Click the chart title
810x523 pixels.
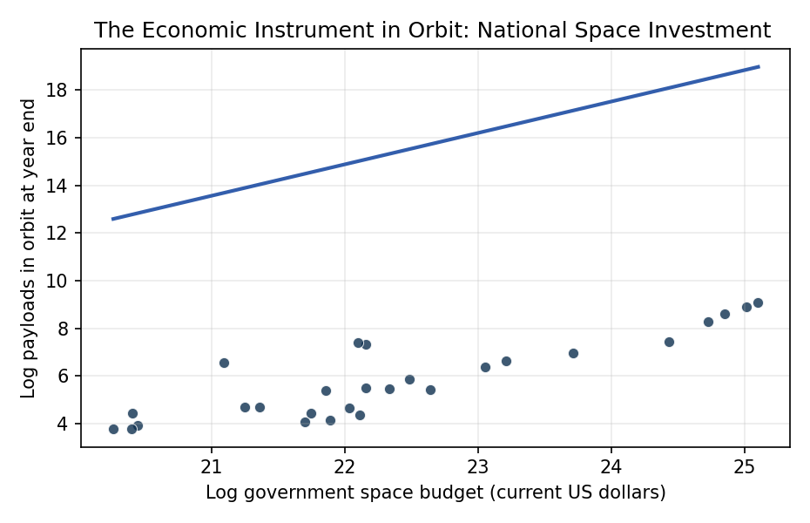[432, 30]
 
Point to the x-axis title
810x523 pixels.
[435, 492]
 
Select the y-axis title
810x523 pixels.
[28, 248]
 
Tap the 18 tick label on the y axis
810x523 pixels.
[57, 91]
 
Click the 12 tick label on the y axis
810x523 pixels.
[57, 233]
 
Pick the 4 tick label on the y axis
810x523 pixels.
[63, 424]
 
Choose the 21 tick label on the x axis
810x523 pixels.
[212, 466]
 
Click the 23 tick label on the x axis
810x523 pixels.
[478, 466]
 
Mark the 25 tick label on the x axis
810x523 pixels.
[745, 466]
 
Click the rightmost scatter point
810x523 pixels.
[758, 302]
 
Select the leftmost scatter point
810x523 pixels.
[113, 429]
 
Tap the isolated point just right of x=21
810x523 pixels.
[224, 363]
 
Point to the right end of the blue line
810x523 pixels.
[759, 66]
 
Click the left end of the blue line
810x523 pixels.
[112, 219]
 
